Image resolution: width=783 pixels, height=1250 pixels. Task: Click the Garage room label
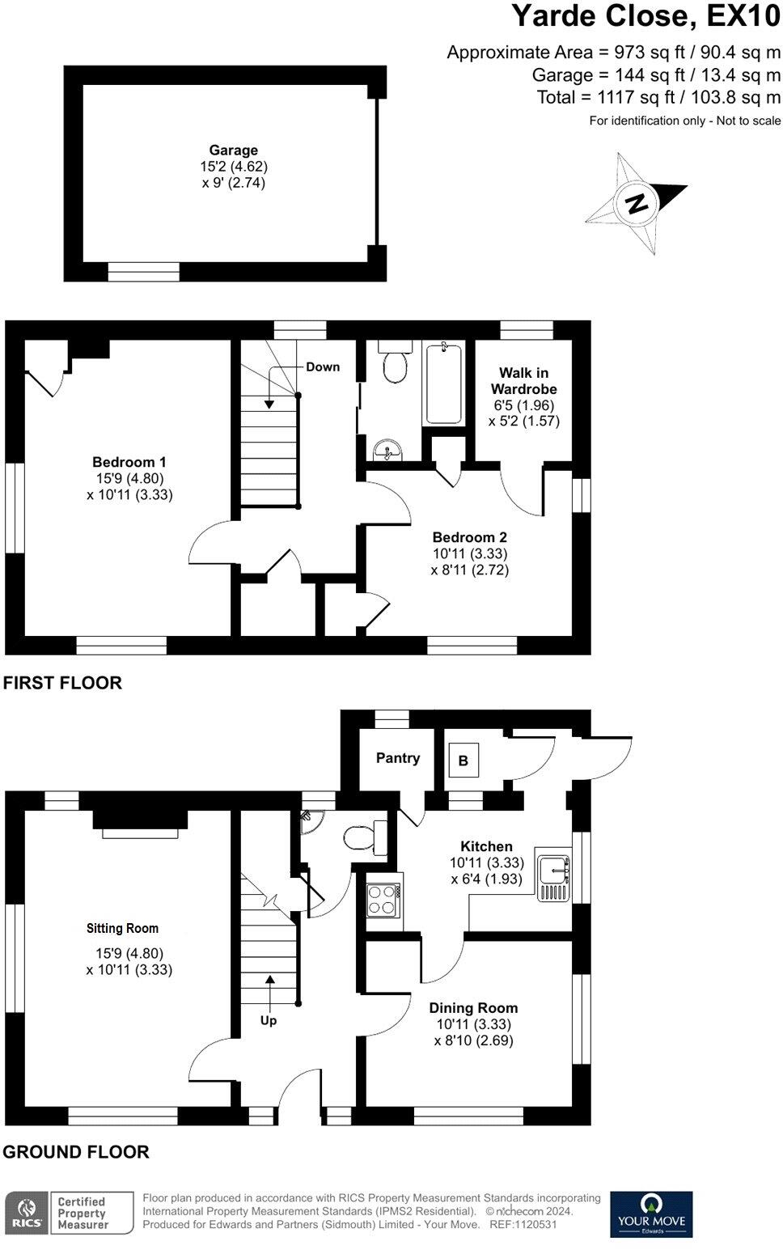234,150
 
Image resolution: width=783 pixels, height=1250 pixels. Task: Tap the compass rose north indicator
637,201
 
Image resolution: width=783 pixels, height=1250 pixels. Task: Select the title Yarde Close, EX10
646,17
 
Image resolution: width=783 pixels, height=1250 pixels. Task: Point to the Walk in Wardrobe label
523,380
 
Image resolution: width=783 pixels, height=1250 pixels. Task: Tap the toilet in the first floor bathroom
396,367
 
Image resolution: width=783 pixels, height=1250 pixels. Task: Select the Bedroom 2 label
469,537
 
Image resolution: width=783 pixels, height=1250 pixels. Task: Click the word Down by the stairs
323,367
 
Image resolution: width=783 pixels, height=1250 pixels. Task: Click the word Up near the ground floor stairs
269,1020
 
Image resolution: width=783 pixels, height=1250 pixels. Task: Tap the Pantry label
398,758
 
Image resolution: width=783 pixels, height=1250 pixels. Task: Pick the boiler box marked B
463,761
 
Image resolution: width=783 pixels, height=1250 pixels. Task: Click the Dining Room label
473,1008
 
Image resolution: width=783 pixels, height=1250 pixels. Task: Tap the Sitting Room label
123,928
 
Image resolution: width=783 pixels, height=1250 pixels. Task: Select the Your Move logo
650,1214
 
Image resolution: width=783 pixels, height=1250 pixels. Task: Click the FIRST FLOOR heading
62,683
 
